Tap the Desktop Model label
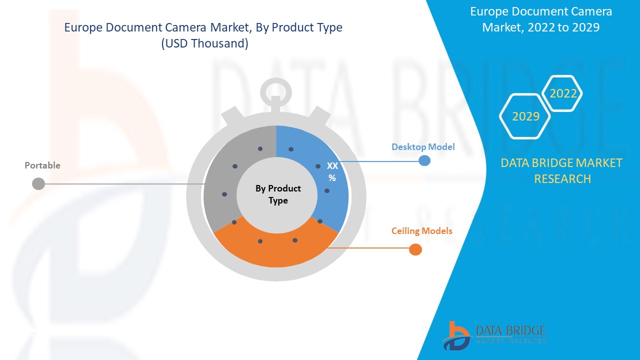[x=423, y=147]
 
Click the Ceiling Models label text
[x=421, y=231]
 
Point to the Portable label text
[x=42, y=165]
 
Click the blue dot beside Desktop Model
[x=424, y=161]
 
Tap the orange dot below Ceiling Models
[x=415, y=249]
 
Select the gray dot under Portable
[x=38, y=184]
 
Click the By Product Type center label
[x=278, y=194]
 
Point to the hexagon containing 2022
[x=563, y=93]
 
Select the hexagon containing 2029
[x=525, y=116]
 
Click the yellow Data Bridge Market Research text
[x=561, y=170]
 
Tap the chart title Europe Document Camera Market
[x=203, y=27]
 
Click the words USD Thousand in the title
[x=204, y=43]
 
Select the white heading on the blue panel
[x=540, y=19]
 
